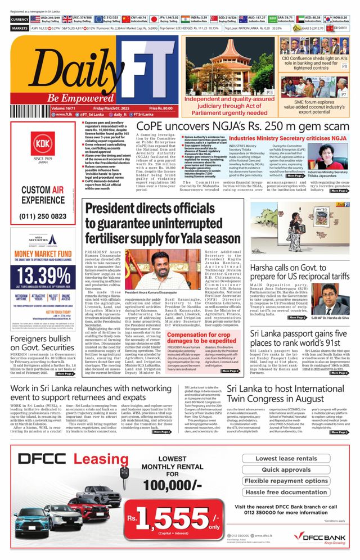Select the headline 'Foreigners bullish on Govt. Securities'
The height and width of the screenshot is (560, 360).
coord(43,341)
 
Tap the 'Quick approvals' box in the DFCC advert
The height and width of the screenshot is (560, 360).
coord(286,469)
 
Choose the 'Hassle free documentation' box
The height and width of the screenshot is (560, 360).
coord(286,492)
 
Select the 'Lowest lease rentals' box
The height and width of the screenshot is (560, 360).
coord(286,458)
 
